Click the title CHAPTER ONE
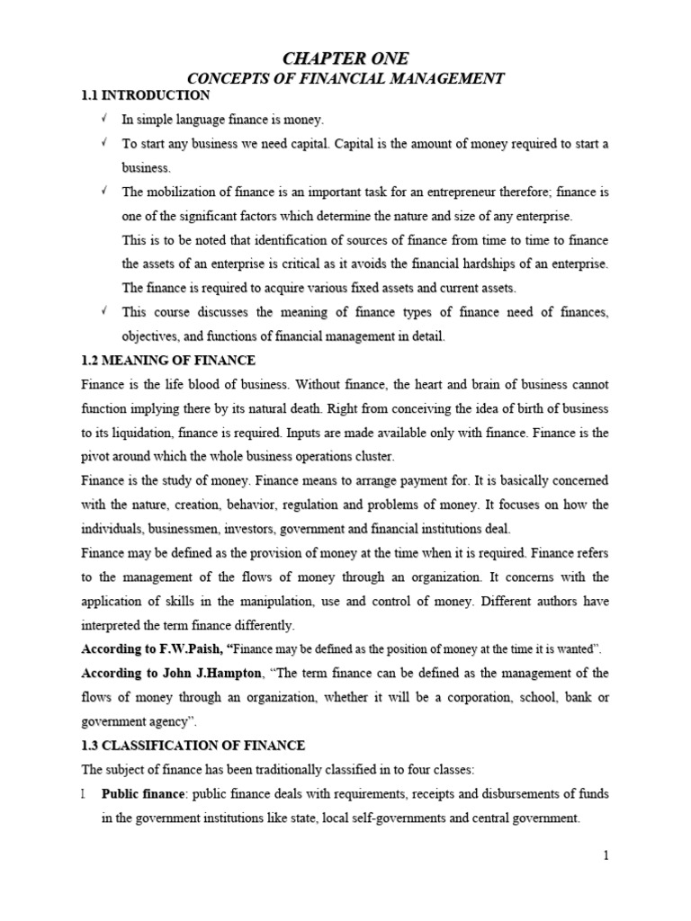(345, 58)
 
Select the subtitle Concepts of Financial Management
(345, 79)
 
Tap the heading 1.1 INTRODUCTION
(145, 95)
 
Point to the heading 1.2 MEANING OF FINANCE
(168, 360)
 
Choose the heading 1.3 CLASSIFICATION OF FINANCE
(193, 746)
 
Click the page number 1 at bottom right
(606, 855)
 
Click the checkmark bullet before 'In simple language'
(103, 119)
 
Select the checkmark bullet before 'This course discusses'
(103, 311)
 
